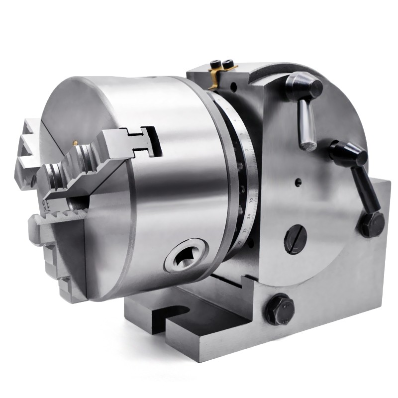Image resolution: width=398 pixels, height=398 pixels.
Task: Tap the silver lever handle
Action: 306,119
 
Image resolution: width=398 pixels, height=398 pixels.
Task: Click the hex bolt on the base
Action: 279,308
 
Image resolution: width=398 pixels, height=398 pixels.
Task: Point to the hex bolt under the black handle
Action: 370,225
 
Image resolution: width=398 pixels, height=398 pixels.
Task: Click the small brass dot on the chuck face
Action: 75,143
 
